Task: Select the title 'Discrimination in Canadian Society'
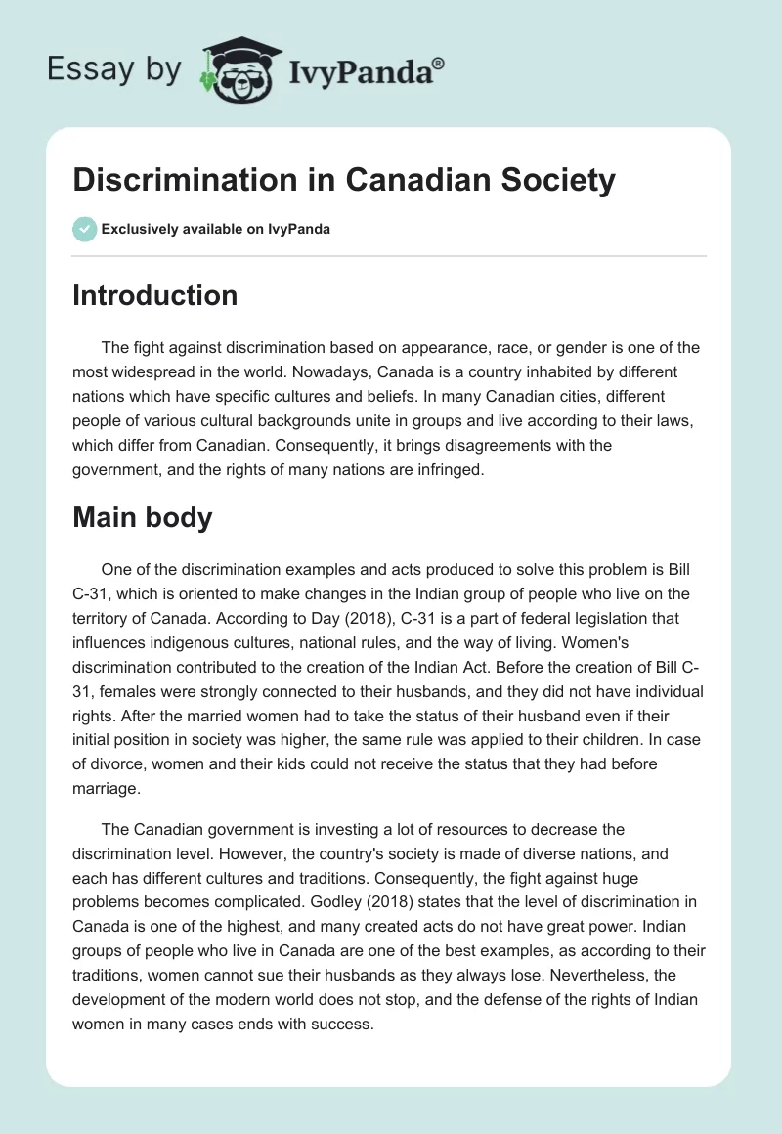344,181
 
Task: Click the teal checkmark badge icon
83,229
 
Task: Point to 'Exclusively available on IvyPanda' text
215,229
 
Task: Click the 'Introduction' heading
154,295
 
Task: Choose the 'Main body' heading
142,517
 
